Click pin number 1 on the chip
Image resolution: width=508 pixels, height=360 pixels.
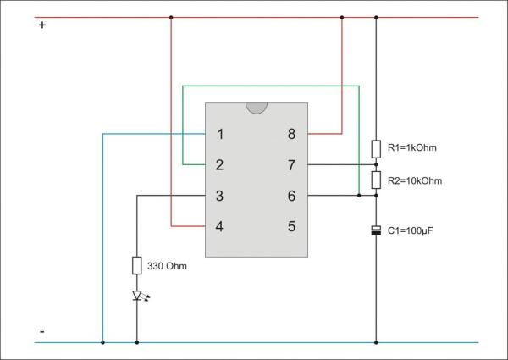(220, 134)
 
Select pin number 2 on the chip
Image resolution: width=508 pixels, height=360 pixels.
(220, 164)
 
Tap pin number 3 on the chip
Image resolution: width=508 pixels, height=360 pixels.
(220, 196)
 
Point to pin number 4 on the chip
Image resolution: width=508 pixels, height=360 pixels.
(220, 227)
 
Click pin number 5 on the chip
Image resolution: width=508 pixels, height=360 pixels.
(291, 227)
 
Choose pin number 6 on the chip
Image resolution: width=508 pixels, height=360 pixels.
(291, 196)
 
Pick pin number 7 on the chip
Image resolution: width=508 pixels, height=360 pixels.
(291, 164)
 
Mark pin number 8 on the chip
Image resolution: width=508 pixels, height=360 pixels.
(291, 134)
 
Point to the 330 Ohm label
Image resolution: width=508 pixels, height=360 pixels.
(167, 266)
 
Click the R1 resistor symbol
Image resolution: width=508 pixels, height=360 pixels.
(376, 149)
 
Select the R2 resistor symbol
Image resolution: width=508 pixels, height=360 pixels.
(376, 180)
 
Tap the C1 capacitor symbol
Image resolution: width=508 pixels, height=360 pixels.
(376, 230)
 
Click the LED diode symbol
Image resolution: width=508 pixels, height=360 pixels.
(137, 296)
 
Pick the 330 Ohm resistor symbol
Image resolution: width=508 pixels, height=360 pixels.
(137, 266)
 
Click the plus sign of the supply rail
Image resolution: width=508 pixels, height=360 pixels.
(42, 25)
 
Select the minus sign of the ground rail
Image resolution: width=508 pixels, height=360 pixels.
(42, 330)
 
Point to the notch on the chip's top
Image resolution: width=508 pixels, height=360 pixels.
(256, 108)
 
